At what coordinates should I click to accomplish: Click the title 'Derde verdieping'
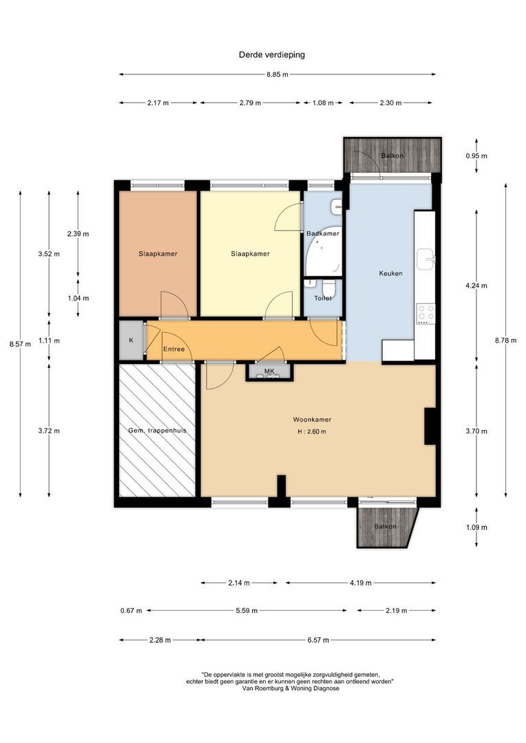pos(271,54)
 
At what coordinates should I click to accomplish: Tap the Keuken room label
pos(390,273)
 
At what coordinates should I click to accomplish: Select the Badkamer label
pos(323,234)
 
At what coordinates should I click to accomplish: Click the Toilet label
pos(323,298)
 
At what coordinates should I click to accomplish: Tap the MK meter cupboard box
pos(269,371)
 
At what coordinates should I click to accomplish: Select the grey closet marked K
pos(130,340)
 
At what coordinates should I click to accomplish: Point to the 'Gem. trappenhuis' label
pos(158,431)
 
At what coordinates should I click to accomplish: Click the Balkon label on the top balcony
pos(392,155)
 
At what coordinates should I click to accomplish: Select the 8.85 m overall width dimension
pos(277,74)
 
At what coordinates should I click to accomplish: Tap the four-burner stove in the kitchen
pos(425,314)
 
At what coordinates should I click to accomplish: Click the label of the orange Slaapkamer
pos(158,254)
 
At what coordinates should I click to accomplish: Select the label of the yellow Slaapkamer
pos(250,254)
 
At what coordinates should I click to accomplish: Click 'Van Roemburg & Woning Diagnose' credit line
pos(290,688)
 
